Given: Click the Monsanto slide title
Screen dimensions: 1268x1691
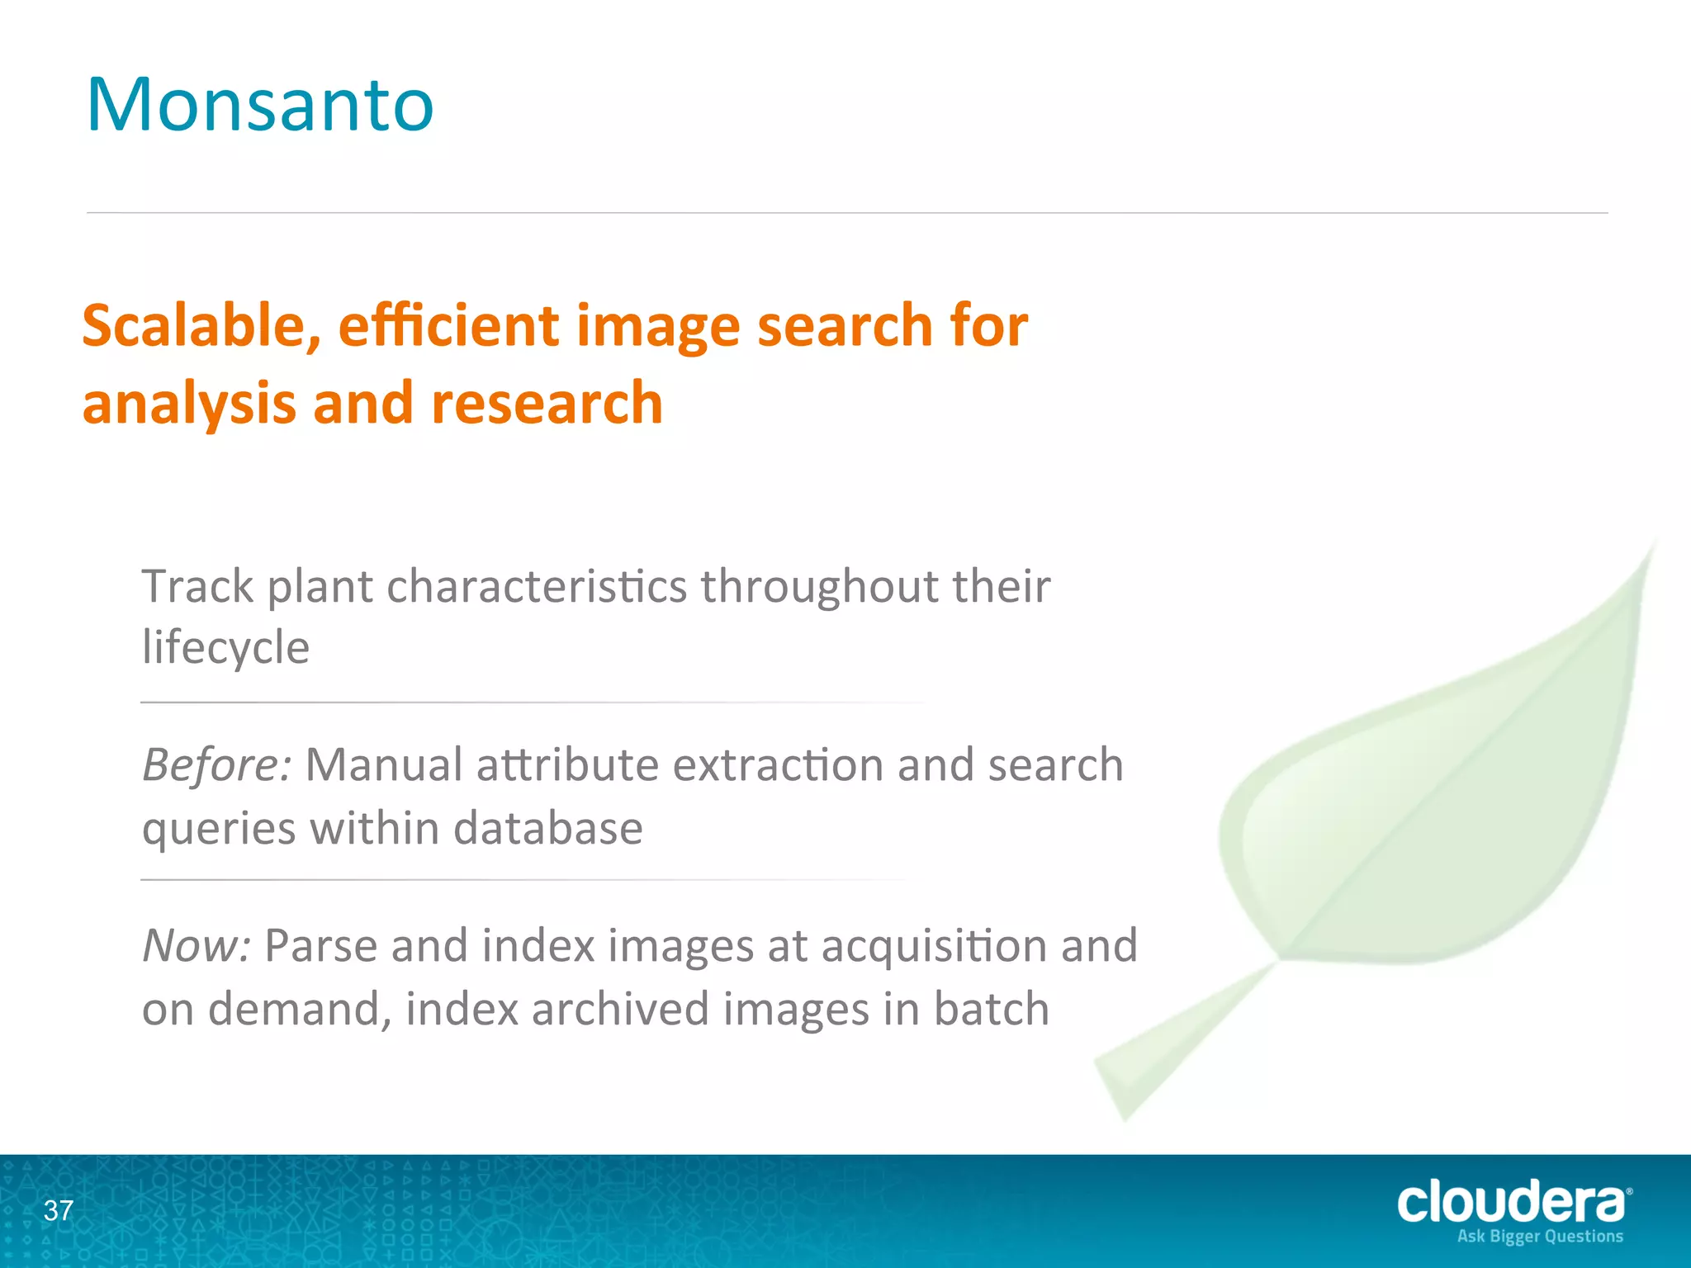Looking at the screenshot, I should (x=260, y=105).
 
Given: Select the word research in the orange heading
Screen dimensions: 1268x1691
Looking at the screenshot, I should (x=547, y=403).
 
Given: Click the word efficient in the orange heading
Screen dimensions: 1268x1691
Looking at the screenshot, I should (x=448, y=325).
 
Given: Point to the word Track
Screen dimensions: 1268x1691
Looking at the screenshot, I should (x=198, y=587).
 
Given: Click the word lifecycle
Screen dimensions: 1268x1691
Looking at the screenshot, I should (x=225, y=647).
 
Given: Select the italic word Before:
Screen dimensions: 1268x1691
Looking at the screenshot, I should (x=216, y=765).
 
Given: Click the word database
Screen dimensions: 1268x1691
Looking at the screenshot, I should (x=548, y=828).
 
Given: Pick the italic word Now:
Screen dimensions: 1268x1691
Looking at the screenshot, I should (x=197, y=946).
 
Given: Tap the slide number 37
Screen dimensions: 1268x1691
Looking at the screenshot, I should (x=59, y=1211).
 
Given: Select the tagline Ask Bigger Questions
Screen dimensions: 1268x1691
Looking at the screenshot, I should (x=1540, y=1237).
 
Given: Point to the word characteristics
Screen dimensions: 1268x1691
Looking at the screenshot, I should (x=536, y=587).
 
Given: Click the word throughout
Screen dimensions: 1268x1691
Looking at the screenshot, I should (x=820, y=587).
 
